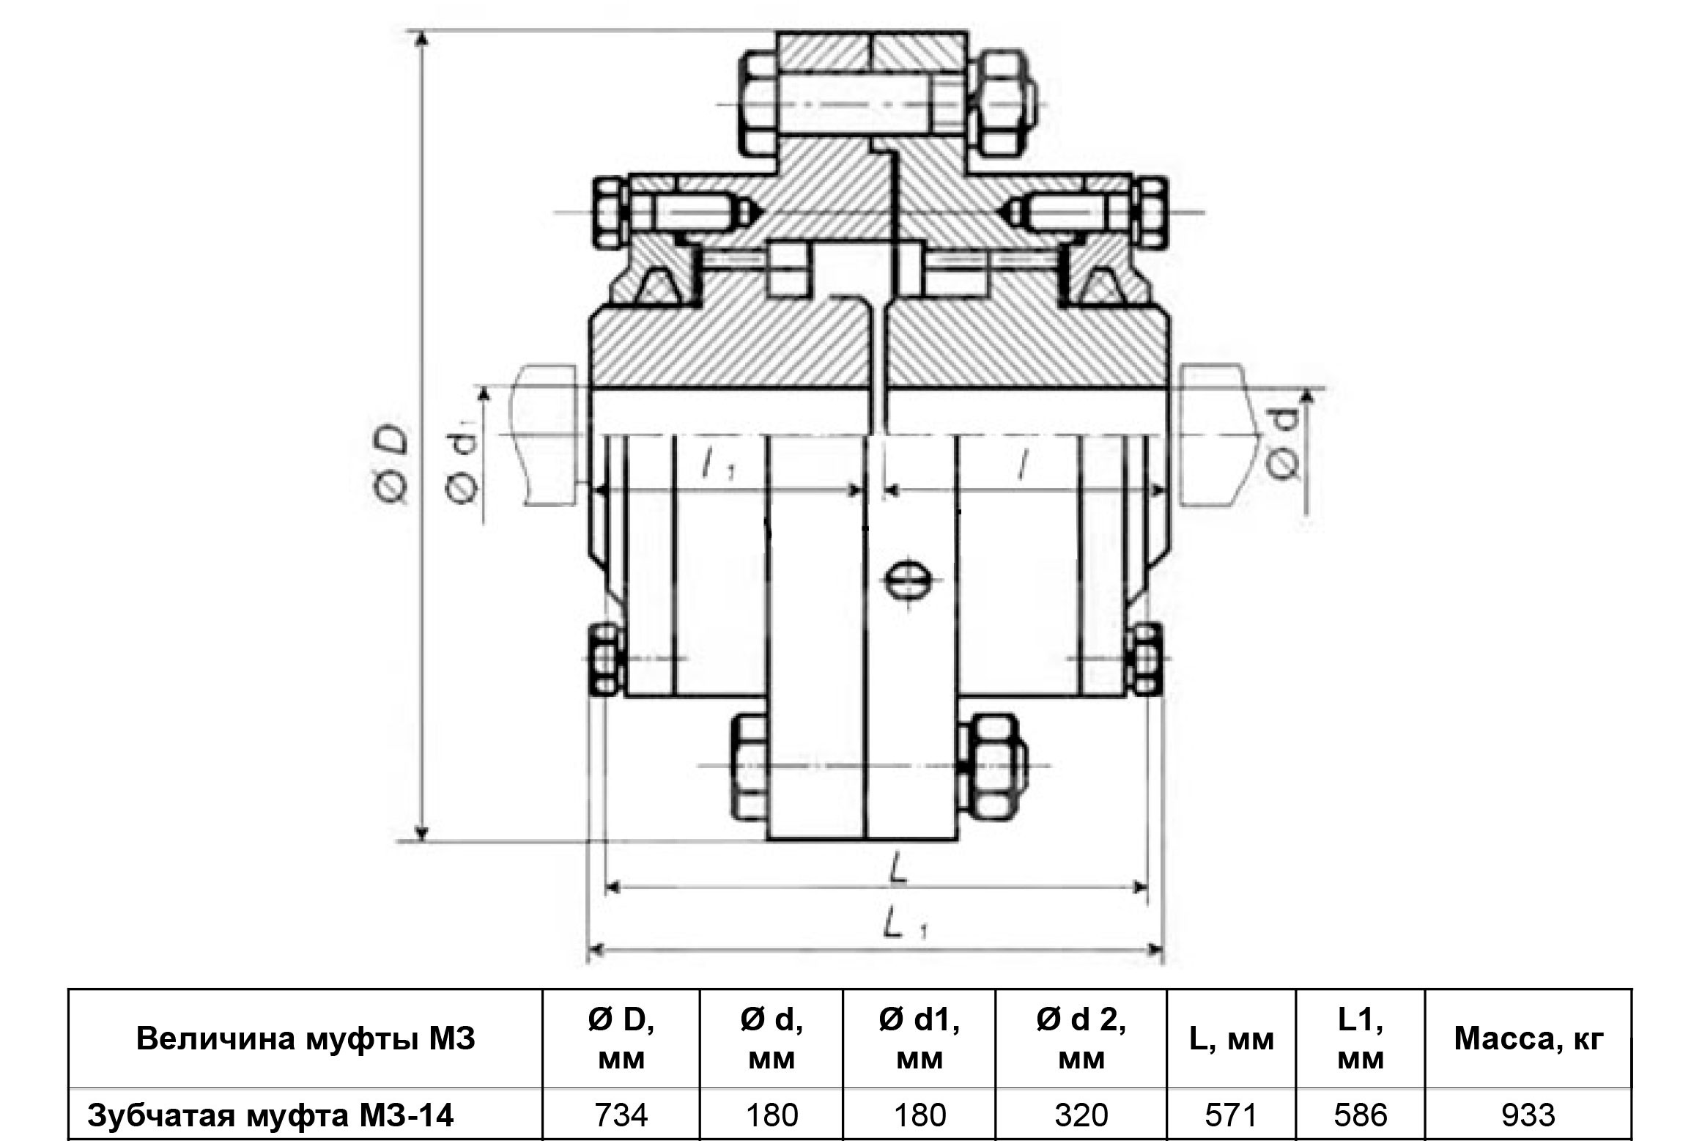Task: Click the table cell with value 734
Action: (621, 1115)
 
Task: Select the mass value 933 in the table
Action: (1528, 1115)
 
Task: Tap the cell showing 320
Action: (1081, 1115)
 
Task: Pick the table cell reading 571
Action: (1231, 1115)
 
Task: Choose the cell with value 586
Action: (1361, 1115)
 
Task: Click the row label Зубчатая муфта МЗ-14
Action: (270, 1115)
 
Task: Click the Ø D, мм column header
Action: (621, 1039)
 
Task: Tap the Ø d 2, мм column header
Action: (1081, 1039)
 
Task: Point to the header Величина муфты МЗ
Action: (306, 1039)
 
